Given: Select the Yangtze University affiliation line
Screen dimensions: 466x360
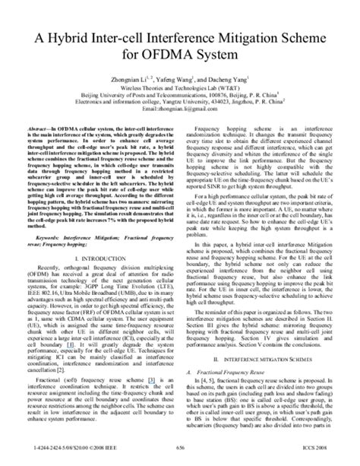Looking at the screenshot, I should tap(179, 105).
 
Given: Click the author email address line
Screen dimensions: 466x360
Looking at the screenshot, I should tap(179, 113).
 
